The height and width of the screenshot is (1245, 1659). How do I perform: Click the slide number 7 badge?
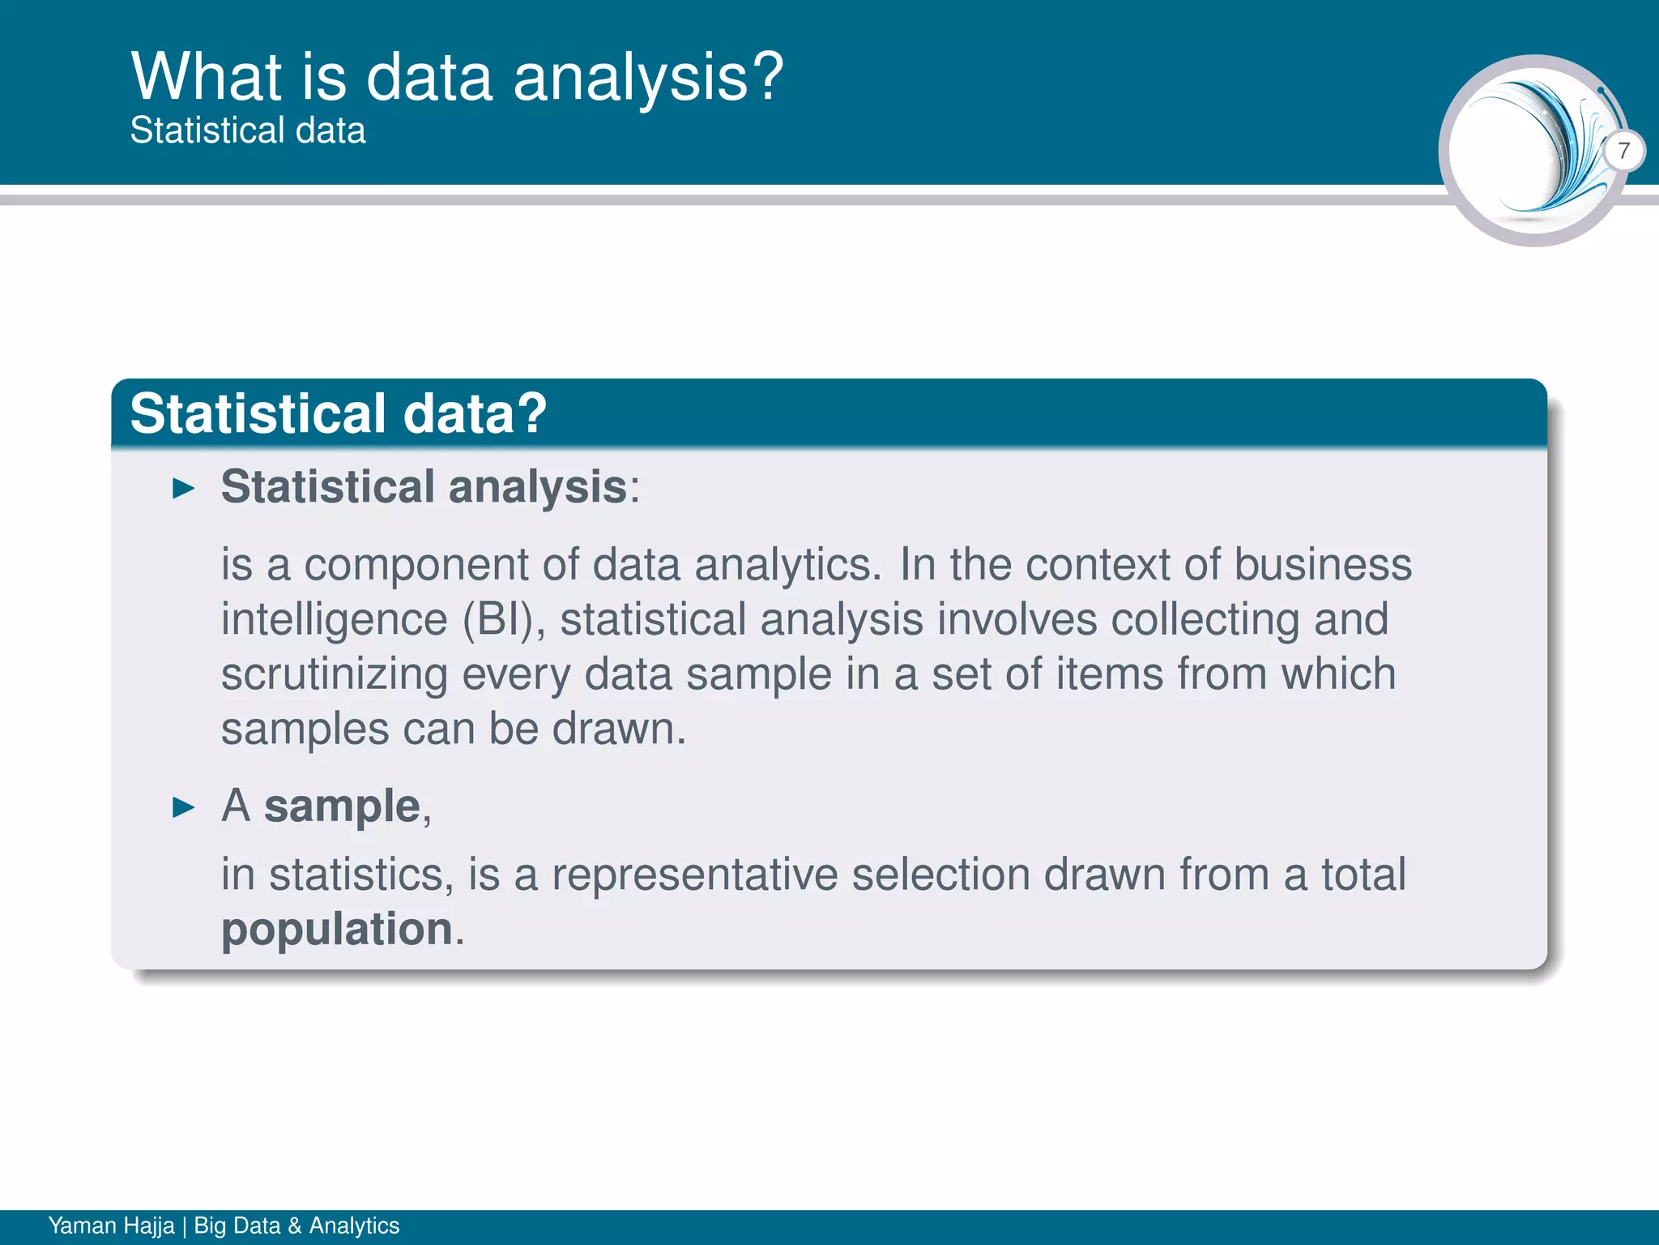(x=1623, y=151)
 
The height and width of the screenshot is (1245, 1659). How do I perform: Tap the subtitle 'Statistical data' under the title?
(x=248, y=130)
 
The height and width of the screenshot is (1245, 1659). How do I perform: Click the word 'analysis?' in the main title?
(x=648, y=79)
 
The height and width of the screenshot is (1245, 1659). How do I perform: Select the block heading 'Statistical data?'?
(x=338, y=413)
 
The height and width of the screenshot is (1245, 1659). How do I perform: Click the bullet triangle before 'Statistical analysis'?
(x=185, y=489)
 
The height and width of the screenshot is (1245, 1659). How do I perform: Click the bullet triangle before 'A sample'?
(x=185, y=807)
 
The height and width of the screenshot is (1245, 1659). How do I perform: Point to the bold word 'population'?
(x=337, y=929)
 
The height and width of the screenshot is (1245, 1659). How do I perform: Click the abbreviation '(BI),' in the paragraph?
(x=504, y=620)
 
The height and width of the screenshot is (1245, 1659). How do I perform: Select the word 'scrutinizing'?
(x=335, y=675)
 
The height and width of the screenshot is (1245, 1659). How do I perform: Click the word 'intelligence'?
(x=334, y=620)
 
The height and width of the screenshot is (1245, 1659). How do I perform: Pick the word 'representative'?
(x=694, y=875)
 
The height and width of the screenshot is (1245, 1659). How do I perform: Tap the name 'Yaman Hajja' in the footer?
(x=111, y=1226)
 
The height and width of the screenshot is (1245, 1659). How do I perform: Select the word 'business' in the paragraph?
(x=1323, y=565)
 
